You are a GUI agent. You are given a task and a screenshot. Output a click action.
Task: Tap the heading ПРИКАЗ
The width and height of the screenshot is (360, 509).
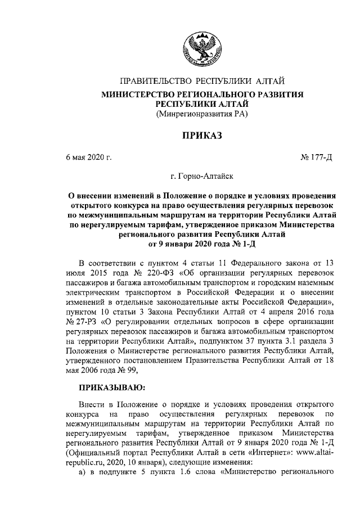click(x=201, y=136)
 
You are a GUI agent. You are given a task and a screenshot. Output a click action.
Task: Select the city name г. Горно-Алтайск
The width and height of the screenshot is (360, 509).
click(x=202, y=177)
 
